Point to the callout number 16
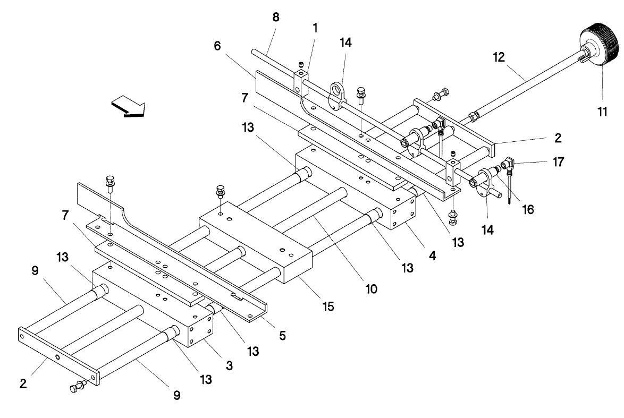click(527, 210)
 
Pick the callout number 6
click(217, 46)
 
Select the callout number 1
click(315, 28)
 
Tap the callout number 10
click(370, 289)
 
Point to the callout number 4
click(432, 255)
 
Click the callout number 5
click(282, 335)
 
